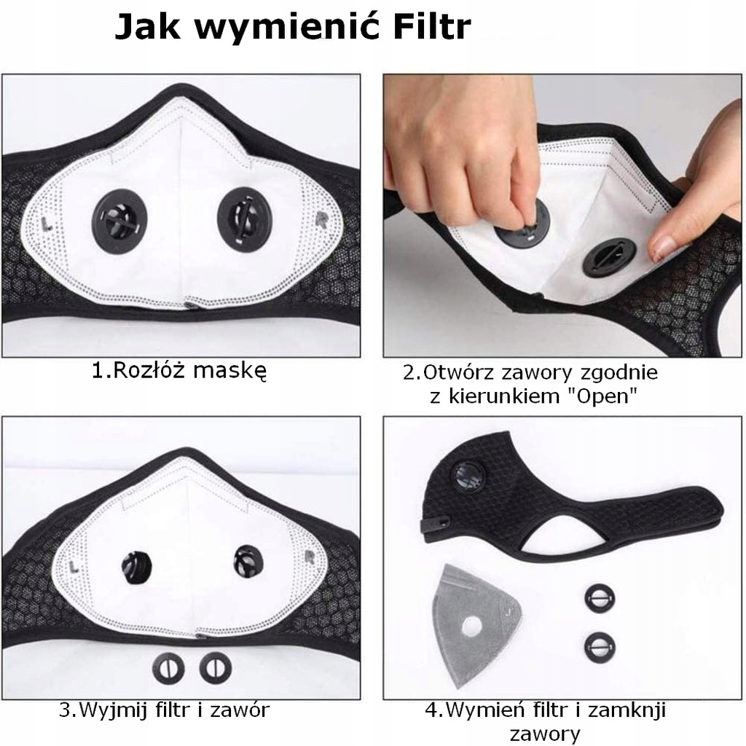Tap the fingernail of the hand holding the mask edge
coord(661,248)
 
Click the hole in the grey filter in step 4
coord(473,625)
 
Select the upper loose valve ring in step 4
coord(599,598)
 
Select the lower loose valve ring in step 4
coord(599,645)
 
